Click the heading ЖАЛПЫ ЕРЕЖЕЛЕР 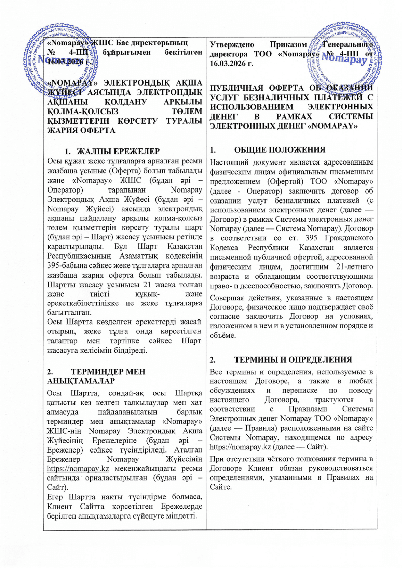pos(118,151)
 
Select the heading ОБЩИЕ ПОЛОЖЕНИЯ pos(280,150)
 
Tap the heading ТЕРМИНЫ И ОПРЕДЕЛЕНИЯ pos(293,359)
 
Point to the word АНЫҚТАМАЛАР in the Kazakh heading pos(81,381)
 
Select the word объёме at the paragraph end pos(223,335)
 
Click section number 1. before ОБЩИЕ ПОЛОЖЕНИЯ pos(213,150)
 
